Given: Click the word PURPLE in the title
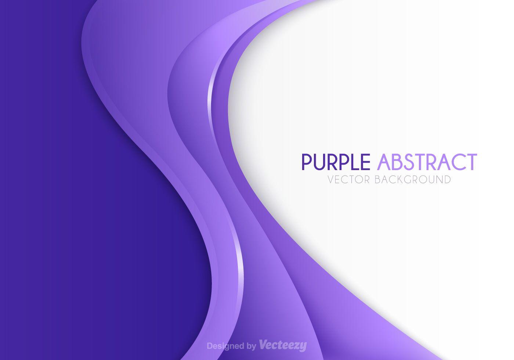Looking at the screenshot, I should pyautogui.click(x=336, y=162).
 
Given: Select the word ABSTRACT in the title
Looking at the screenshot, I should pyautogui.click(x=427, y=162).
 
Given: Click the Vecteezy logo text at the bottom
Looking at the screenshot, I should pyautogui.click(x=283, y=345).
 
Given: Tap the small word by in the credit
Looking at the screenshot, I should pyautogui.click(x=252, y=346).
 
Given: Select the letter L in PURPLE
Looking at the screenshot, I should pyautogui.click(x=354, y=162).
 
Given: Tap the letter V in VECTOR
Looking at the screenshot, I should pyautogui.click(x=331, y=179).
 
